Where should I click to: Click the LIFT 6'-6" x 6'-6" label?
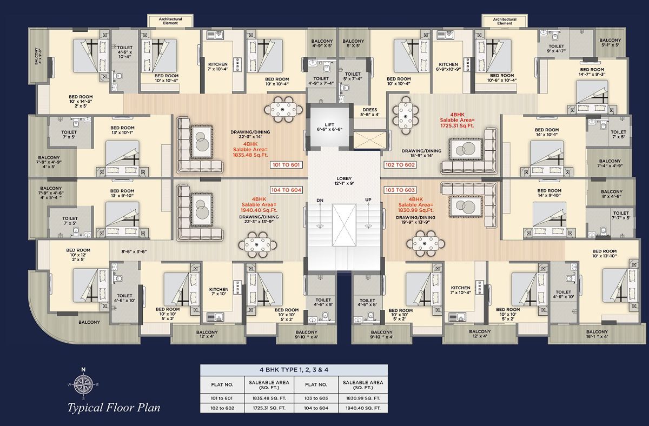tap(329, 127)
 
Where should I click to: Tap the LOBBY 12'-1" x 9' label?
tap(344, 181)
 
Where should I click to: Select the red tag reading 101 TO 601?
tap(286, 165)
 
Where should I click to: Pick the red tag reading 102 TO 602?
tap(400, 165)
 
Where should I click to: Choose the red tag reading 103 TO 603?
tap(400, 190)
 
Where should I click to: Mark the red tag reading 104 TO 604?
tap(286, 190)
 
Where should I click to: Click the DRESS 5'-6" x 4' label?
tap(370, 112)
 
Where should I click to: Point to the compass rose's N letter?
tap(83, 369)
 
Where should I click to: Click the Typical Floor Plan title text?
tap(114, 408)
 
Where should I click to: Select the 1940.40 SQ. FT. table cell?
tap(363, 408)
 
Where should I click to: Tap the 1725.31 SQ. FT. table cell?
tap(269, 408)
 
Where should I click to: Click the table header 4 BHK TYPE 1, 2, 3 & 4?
tap(294, 370)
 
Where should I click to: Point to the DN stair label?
tap(320, 201)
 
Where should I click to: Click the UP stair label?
tap(368, 200)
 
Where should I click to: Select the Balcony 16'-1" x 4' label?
tap(597, 334)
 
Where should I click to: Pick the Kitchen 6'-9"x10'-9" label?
tap(448, 66)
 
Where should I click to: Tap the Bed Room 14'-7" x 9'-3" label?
tap(592, 72)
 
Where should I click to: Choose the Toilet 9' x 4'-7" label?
tap(557, 48)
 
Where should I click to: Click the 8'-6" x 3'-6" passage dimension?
tap(134, 252)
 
